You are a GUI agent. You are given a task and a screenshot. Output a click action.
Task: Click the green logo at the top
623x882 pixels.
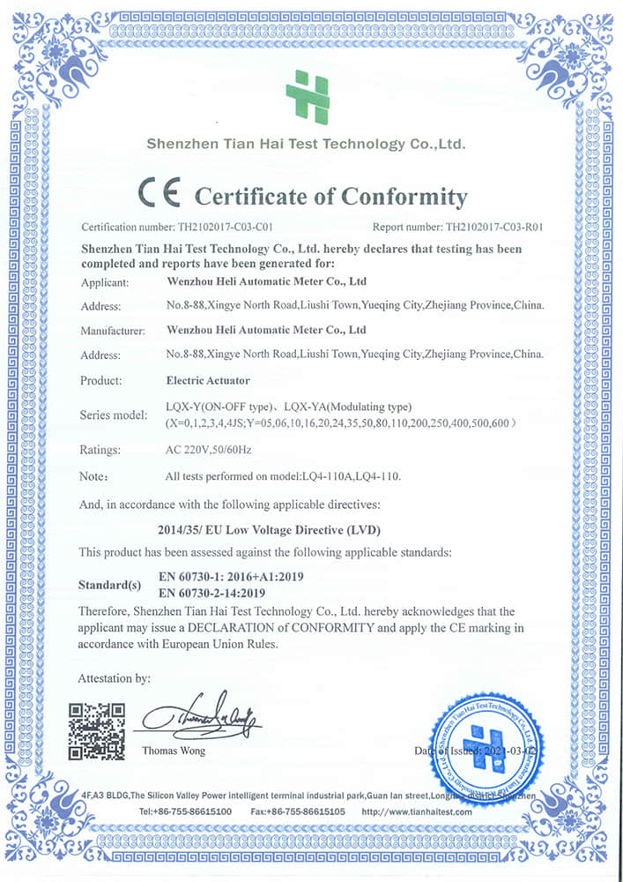[308, 98]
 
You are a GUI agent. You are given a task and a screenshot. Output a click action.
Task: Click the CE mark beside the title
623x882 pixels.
[159, 193]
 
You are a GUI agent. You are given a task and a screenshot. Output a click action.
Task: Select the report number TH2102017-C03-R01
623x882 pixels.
[494, 227]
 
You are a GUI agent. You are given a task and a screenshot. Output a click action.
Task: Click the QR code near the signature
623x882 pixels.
[96, 731]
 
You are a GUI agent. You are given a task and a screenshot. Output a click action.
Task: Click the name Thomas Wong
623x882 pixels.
[174, 751]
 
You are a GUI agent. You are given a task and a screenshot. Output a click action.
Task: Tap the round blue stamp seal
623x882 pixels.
[482, 739]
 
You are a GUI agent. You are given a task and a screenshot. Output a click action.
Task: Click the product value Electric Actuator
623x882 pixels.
[208, 381]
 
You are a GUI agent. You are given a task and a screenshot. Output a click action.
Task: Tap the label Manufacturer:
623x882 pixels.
[112, 331]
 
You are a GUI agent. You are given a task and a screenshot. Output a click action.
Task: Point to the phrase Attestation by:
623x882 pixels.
[115, 678]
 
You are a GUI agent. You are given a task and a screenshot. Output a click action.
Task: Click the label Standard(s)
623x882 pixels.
[109, 585]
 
